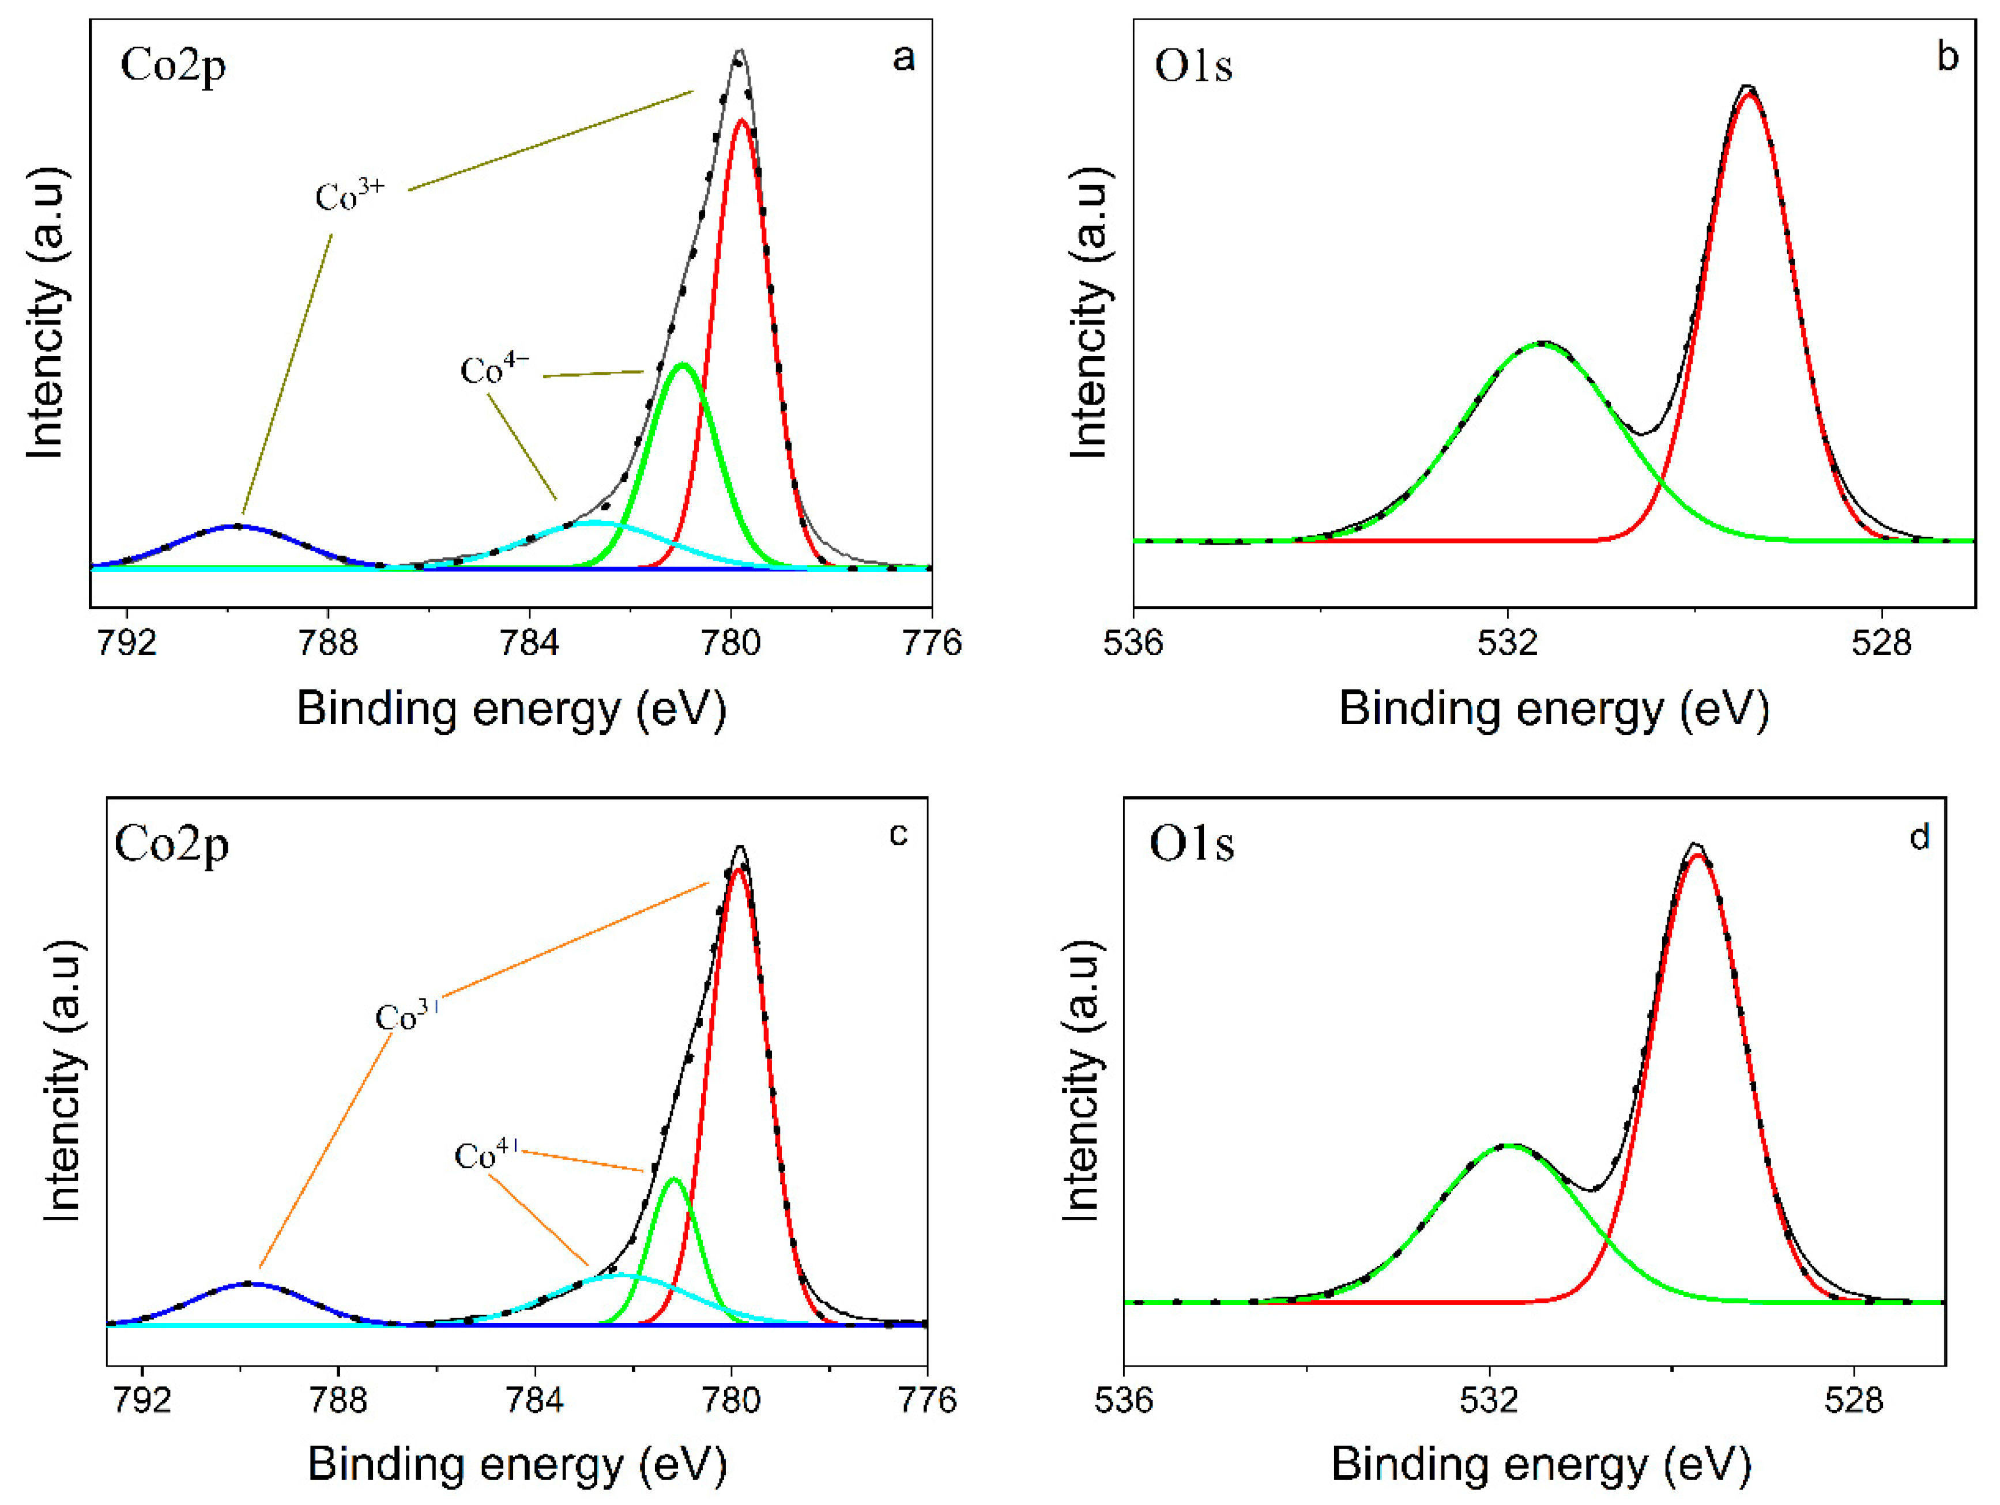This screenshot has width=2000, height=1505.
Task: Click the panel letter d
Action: [1919, 837]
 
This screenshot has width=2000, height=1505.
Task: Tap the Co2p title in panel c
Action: [172, 844]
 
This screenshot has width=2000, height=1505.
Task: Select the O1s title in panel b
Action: [1193, 66]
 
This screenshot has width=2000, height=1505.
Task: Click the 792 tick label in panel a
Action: [127, 643]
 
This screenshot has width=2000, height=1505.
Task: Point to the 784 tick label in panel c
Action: [535, 1400]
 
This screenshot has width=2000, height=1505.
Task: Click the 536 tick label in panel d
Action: [1124, 1400]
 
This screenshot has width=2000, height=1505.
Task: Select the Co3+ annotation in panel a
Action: [350, 195]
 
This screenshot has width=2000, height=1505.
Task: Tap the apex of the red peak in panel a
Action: [741, 120]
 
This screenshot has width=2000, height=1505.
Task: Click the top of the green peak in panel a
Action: [684, 365]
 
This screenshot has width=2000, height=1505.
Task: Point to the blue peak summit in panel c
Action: [250, 1283]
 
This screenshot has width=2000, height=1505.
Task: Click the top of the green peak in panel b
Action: [1542, 344]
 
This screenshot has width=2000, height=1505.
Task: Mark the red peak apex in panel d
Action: [1698, 855]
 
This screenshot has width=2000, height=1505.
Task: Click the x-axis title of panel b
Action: [1553, 708]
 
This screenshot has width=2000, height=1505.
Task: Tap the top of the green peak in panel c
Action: [673, 1179]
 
